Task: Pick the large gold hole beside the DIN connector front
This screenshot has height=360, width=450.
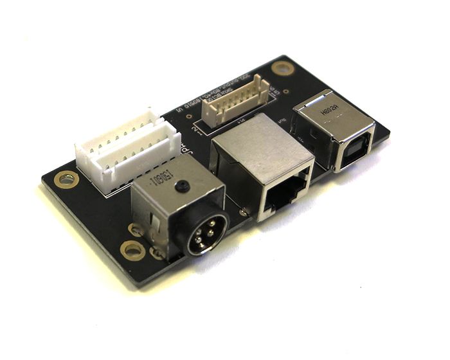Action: (x=132, y=249)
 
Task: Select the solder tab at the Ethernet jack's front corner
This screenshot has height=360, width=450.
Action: (x=242, y=211)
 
